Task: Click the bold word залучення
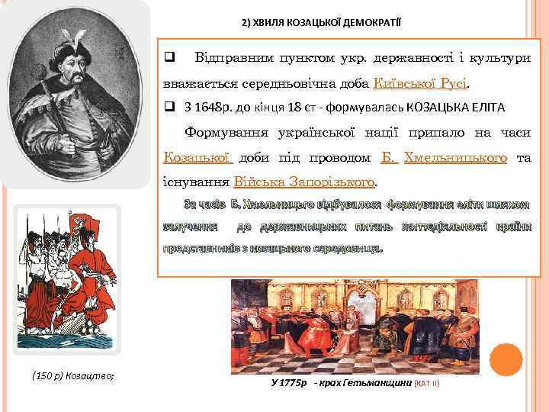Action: pos(191,227)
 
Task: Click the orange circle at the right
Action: pos(506,359)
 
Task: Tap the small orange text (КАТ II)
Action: pos(426,383)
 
